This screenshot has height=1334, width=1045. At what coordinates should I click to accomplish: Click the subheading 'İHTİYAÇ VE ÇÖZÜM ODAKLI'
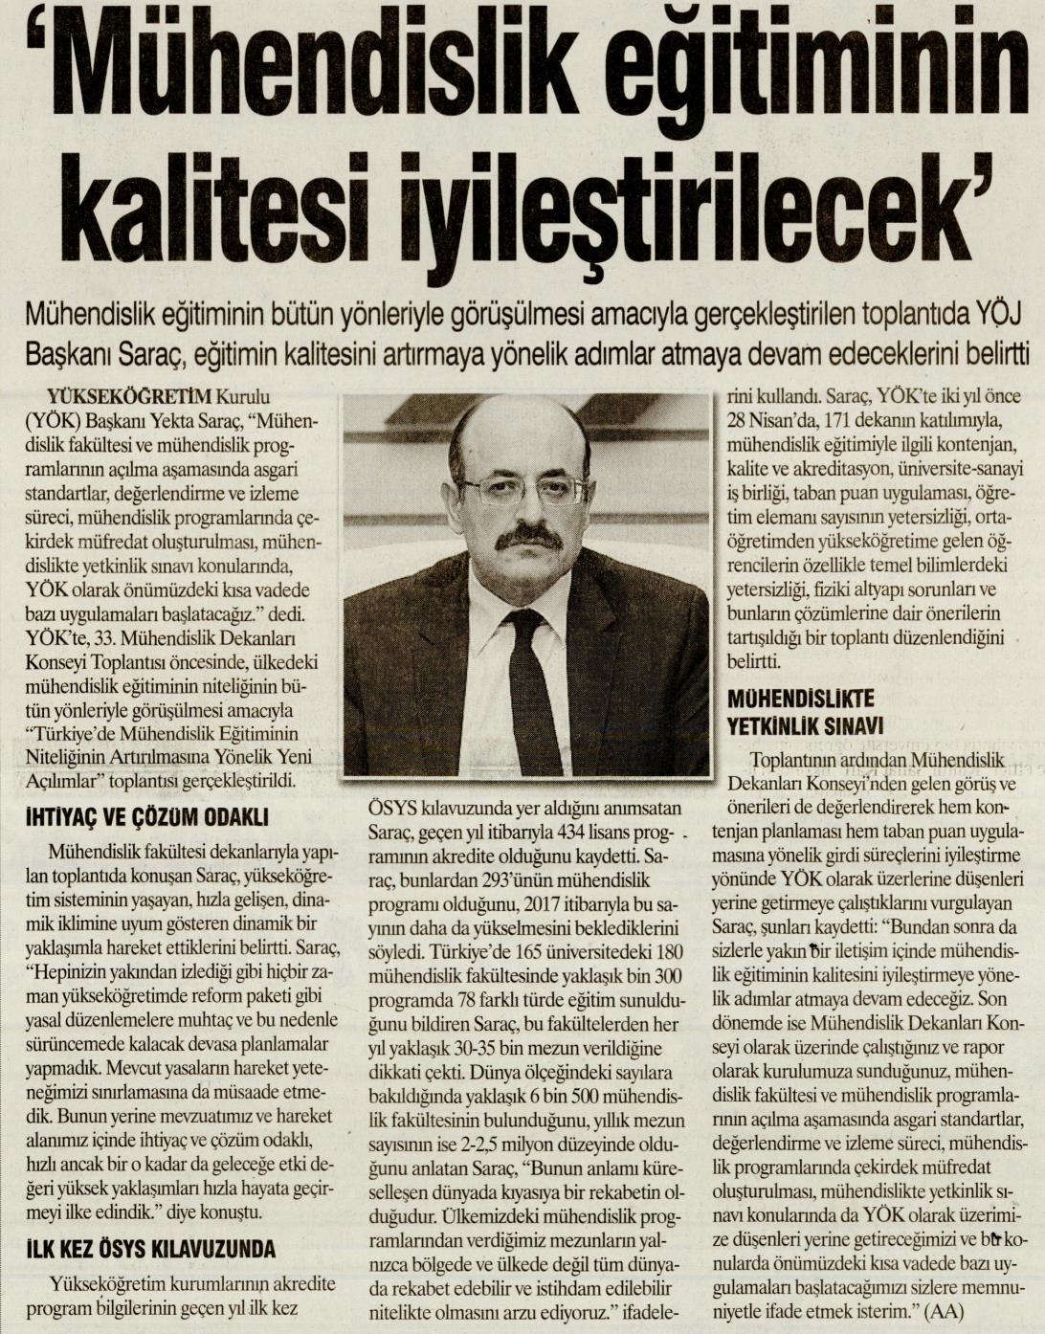(146, 817)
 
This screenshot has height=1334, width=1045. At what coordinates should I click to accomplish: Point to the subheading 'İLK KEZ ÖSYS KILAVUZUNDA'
(151, 1248)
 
